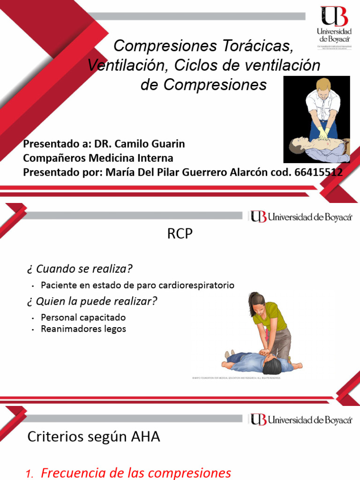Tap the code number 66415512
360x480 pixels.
[x=318, y=172]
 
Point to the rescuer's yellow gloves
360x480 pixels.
[x=323, y=133]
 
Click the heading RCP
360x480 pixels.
[x=180, y=234]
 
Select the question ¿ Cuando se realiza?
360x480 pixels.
[x=80, y=269]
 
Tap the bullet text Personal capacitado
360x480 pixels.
[x=83, y=317]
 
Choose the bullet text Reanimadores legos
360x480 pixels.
[x=83, y=329]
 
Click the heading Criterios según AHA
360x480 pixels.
[x=94, y=437]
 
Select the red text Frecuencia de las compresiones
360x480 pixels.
[x=136, y=473]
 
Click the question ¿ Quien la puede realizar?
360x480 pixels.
[x=91, y=301]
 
